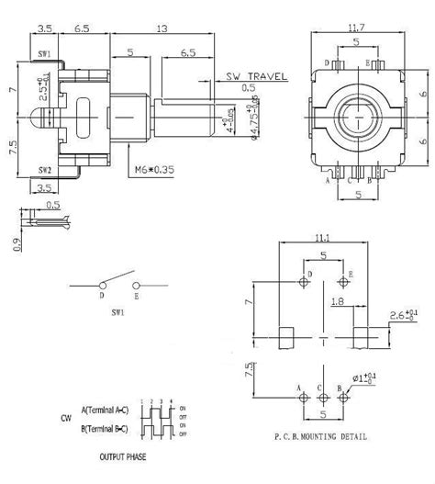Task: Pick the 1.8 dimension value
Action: pos(336,300)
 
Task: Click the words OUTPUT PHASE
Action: pos(125,456)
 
